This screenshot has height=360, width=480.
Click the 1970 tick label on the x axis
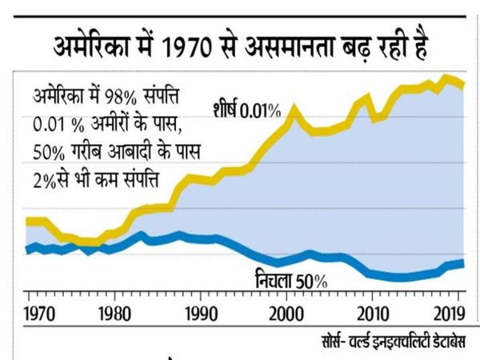[x=39, y=314]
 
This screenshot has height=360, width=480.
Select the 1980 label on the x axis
[x=114, y=314]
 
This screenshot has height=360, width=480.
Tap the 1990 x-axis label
[x=202, y=314]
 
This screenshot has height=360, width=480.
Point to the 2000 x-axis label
[x=286, y=314]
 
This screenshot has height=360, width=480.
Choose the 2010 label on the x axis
[x=373, y=314]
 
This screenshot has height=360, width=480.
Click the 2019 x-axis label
[x=450, y=314]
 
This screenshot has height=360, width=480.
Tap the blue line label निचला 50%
[x=291, y=279]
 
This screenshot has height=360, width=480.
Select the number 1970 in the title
[x=186, y=47]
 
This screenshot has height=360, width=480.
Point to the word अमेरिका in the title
[x=91, y=46]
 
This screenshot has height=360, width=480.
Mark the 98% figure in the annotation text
[x=120, y=97]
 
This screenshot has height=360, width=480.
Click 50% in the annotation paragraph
[x=49, y=152]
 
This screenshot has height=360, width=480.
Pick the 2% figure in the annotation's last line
[x=44, y=181]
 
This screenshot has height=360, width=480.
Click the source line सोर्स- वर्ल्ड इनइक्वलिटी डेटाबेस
[x=394, y=341]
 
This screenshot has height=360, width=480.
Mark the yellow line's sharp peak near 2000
[x=294, y=108]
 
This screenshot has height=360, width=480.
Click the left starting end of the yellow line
[x=26, y=222]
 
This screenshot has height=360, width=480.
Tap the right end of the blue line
[x=464, y=263]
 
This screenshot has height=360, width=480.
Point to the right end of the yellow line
[x=464, y=85]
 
